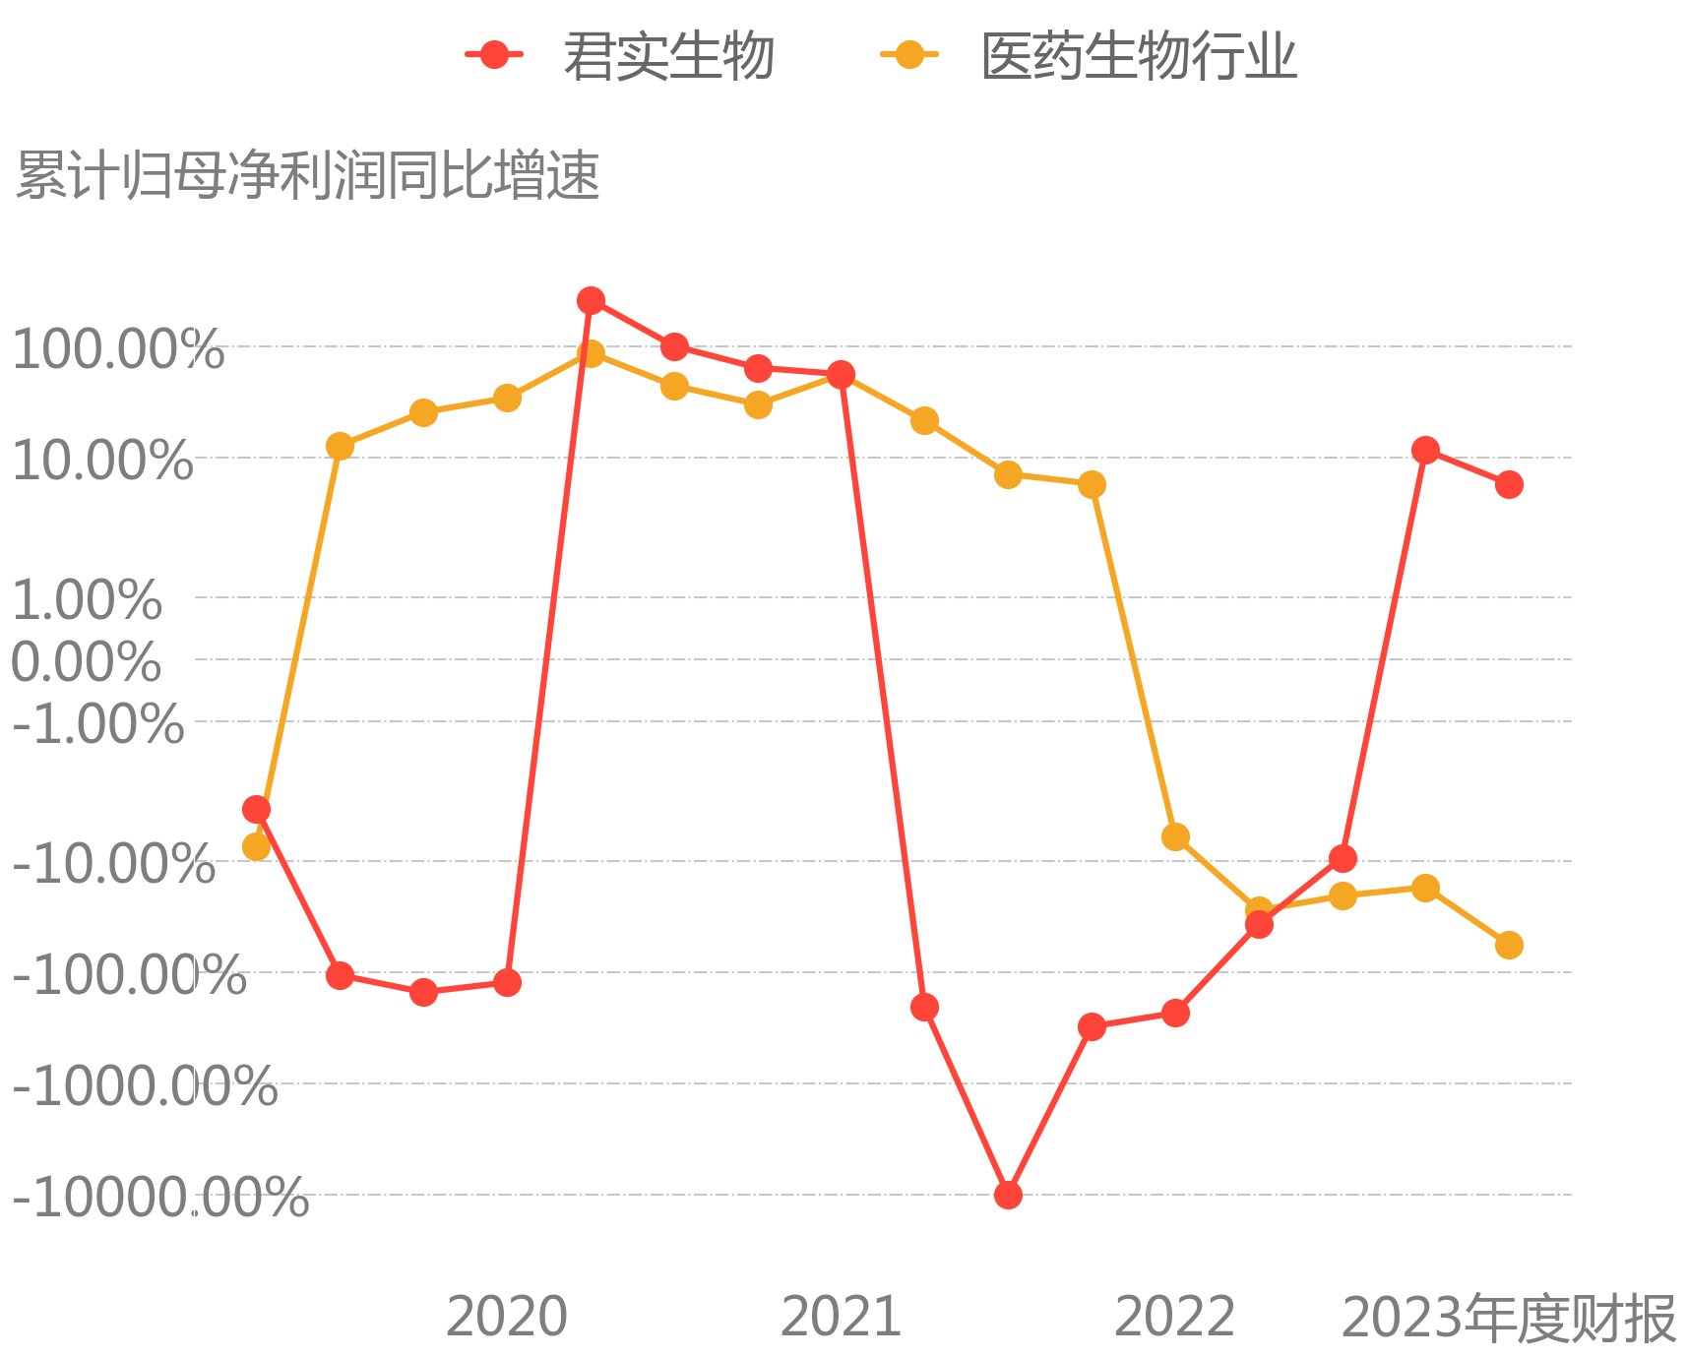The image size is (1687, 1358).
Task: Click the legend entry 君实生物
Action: tap(620, 55)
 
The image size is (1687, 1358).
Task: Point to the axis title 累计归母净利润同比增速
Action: tap(308, 176)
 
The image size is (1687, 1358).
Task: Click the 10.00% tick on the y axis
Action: tap(102, 461)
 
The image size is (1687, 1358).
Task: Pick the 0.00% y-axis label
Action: tap(86, 661)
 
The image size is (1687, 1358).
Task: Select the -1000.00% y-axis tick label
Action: tap(145, 1087)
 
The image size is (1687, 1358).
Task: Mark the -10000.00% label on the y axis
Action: tap(160, 1199)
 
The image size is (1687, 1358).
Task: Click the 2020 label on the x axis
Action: tap(507, 1317)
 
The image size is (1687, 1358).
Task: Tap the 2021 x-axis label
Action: tap(841, 1317)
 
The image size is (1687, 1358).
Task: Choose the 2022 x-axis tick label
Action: tap(1174, 1317)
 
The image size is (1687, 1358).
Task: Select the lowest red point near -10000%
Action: tap(1008, 1195)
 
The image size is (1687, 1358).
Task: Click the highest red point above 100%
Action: tap(591, 300)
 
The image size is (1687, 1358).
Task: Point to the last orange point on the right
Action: tap(1509, 945)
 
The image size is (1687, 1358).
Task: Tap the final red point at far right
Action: tap(1509, 484)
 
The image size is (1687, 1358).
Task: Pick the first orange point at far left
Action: tap(256, 846)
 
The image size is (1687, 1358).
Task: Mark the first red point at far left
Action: tap(256, 809)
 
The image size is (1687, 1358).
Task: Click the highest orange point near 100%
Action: tap(591, 353)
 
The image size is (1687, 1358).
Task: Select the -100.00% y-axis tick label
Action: tap(129, 976)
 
